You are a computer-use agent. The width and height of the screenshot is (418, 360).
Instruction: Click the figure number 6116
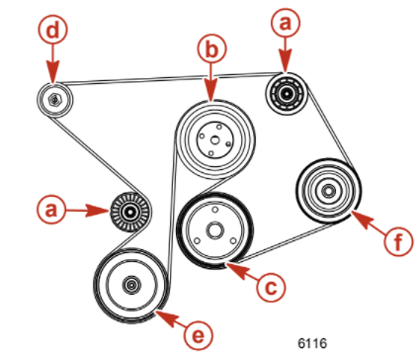(312, 341)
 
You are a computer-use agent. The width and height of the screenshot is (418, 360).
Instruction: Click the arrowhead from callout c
(228, 263)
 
